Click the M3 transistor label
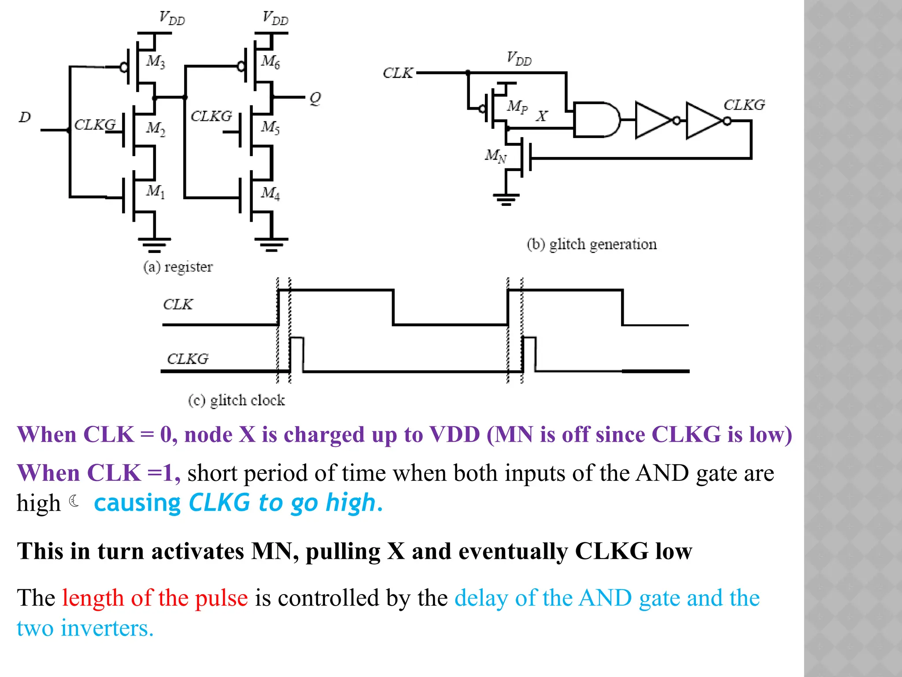[x=155, y=61]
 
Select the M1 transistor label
[x=155, y=191]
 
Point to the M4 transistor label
[x=270, y=193]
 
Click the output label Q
[x=315, y=98]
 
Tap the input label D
[x=25, y=117]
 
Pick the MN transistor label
[x=495, y=156]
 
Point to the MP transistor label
[x=517, y=106]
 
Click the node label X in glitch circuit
[x=541, y=116]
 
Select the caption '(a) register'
[x=178, y=267]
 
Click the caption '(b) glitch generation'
[x=591, y=244]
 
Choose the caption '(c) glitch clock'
[x=237, y=400]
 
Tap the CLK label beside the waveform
[x=178, y=304]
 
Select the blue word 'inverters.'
[x=107, y=628]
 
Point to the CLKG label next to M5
[x=211, y=116]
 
